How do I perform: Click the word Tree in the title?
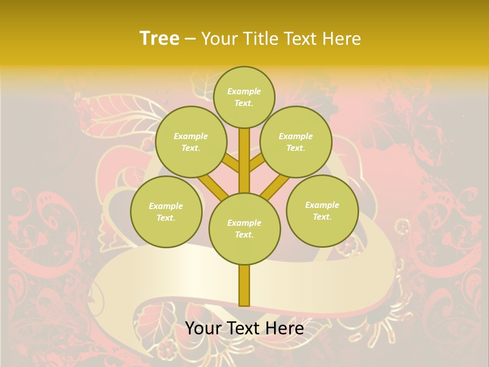159,39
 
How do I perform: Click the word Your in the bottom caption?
204,328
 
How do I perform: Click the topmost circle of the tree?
244,97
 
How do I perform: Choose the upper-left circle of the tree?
191,142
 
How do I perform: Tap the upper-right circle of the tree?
296,142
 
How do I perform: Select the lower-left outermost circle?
166,212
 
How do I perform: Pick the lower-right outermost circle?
322,211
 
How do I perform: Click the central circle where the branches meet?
244,228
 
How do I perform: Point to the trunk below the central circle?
244,285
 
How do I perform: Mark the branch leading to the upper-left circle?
231,163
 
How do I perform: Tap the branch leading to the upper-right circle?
257,163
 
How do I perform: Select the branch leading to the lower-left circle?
213,186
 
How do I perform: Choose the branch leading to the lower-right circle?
275,186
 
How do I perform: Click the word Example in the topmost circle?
244,91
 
